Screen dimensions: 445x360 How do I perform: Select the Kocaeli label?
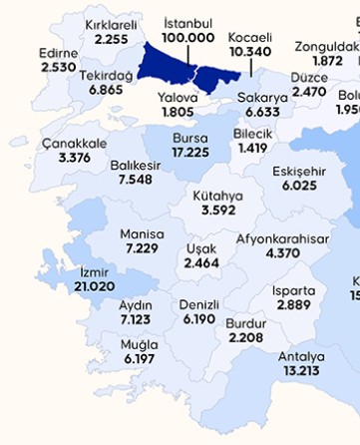tap(250, 36)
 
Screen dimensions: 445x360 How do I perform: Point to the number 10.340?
tap(250, 50)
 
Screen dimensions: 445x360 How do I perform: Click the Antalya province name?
tap(301, 356)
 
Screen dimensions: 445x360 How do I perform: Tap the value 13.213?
tap(301, 371)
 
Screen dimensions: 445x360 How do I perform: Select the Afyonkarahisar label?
tap(282, 239)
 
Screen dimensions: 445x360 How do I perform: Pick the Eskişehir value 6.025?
tap(299, 186)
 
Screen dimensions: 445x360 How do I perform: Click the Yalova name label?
tap(179, 98)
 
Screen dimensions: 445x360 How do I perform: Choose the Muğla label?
tap(138, 344)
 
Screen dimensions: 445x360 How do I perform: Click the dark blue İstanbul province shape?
tap(165, 62)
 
